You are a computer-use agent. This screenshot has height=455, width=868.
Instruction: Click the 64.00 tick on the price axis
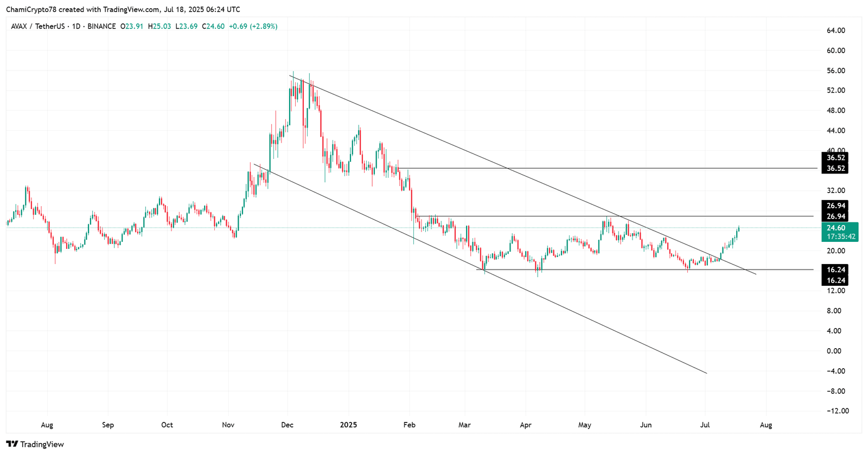coord(835,30)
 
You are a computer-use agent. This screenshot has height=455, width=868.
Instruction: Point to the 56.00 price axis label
coord(835,71)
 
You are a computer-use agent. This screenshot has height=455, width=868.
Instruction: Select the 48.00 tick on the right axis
coord(835,111)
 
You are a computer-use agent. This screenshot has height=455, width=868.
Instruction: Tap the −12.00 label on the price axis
coord(837,411)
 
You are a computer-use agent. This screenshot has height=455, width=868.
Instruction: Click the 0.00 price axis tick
coord(834,351)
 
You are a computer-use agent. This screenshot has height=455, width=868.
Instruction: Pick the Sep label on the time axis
coord(108,425)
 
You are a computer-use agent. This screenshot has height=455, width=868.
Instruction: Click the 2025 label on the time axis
coord(348,425)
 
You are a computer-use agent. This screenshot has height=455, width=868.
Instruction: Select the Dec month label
coord(288,425)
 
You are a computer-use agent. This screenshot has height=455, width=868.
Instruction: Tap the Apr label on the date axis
coord(526,425)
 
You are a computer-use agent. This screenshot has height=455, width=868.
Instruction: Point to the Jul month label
coord(705,425)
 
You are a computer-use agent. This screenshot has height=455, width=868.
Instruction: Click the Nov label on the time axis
coord(228,425)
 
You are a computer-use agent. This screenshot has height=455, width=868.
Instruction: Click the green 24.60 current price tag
coord(836,228)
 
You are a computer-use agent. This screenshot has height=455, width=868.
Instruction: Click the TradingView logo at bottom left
coord(35,444)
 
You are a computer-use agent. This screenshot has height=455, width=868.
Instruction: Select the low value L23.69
coord(187,26)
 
